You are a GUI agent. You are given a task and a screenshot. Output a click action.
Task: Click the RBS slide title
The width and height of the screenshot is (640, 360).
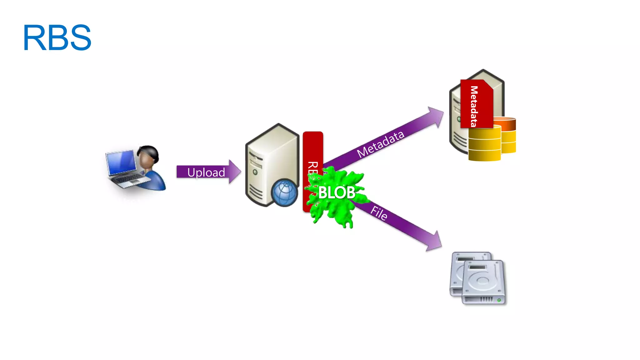pyautogui.click(x=57, y=38)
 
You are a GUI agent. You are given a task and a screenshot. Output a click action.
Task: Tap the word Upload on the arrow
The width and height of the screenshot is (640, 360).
pyautogui.click(x=206, y=172)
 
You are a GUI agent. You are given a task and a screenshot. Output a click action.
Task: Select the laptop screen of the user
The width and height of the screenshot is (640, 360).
pyautogui.click(x=121, y=162)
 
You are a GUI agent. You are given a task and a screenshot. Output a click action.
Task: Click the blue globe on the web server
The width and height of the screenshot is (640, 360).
pyautogui.click(x=284, y=192)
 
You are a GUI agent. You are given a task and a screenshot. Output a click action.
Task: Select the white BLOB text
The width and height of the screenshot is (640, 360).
pyautogui.click(x=337, y=192)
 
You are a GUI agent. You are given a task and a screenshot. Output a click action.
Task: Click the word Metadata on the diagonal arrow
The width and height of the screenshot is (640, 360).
pyautogui.click(x=380, y=144)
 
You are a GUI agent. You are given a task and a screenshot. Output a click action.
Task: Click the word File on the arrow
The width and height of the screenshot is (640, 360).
pyautogui.click(x=379, y=213)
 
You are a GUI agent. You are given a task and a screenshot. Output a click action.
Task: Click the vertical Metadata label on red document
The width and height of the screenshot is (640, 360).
pyautogui.click(x=474, y=106)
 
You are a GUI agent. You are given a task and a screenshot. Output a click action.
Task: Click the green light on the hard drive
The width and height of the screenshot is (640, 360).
pyautogui.click(x=499, y=300)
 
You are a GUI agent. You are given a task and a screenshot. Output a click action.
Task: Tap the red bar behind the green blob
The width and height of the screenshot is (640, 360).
pyautogui.click(x=312, y=147)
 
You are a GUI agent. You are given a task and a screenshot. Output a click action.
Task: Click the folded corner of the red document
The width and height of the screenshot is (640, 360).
pyautogui.click(x=488, y=84)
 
